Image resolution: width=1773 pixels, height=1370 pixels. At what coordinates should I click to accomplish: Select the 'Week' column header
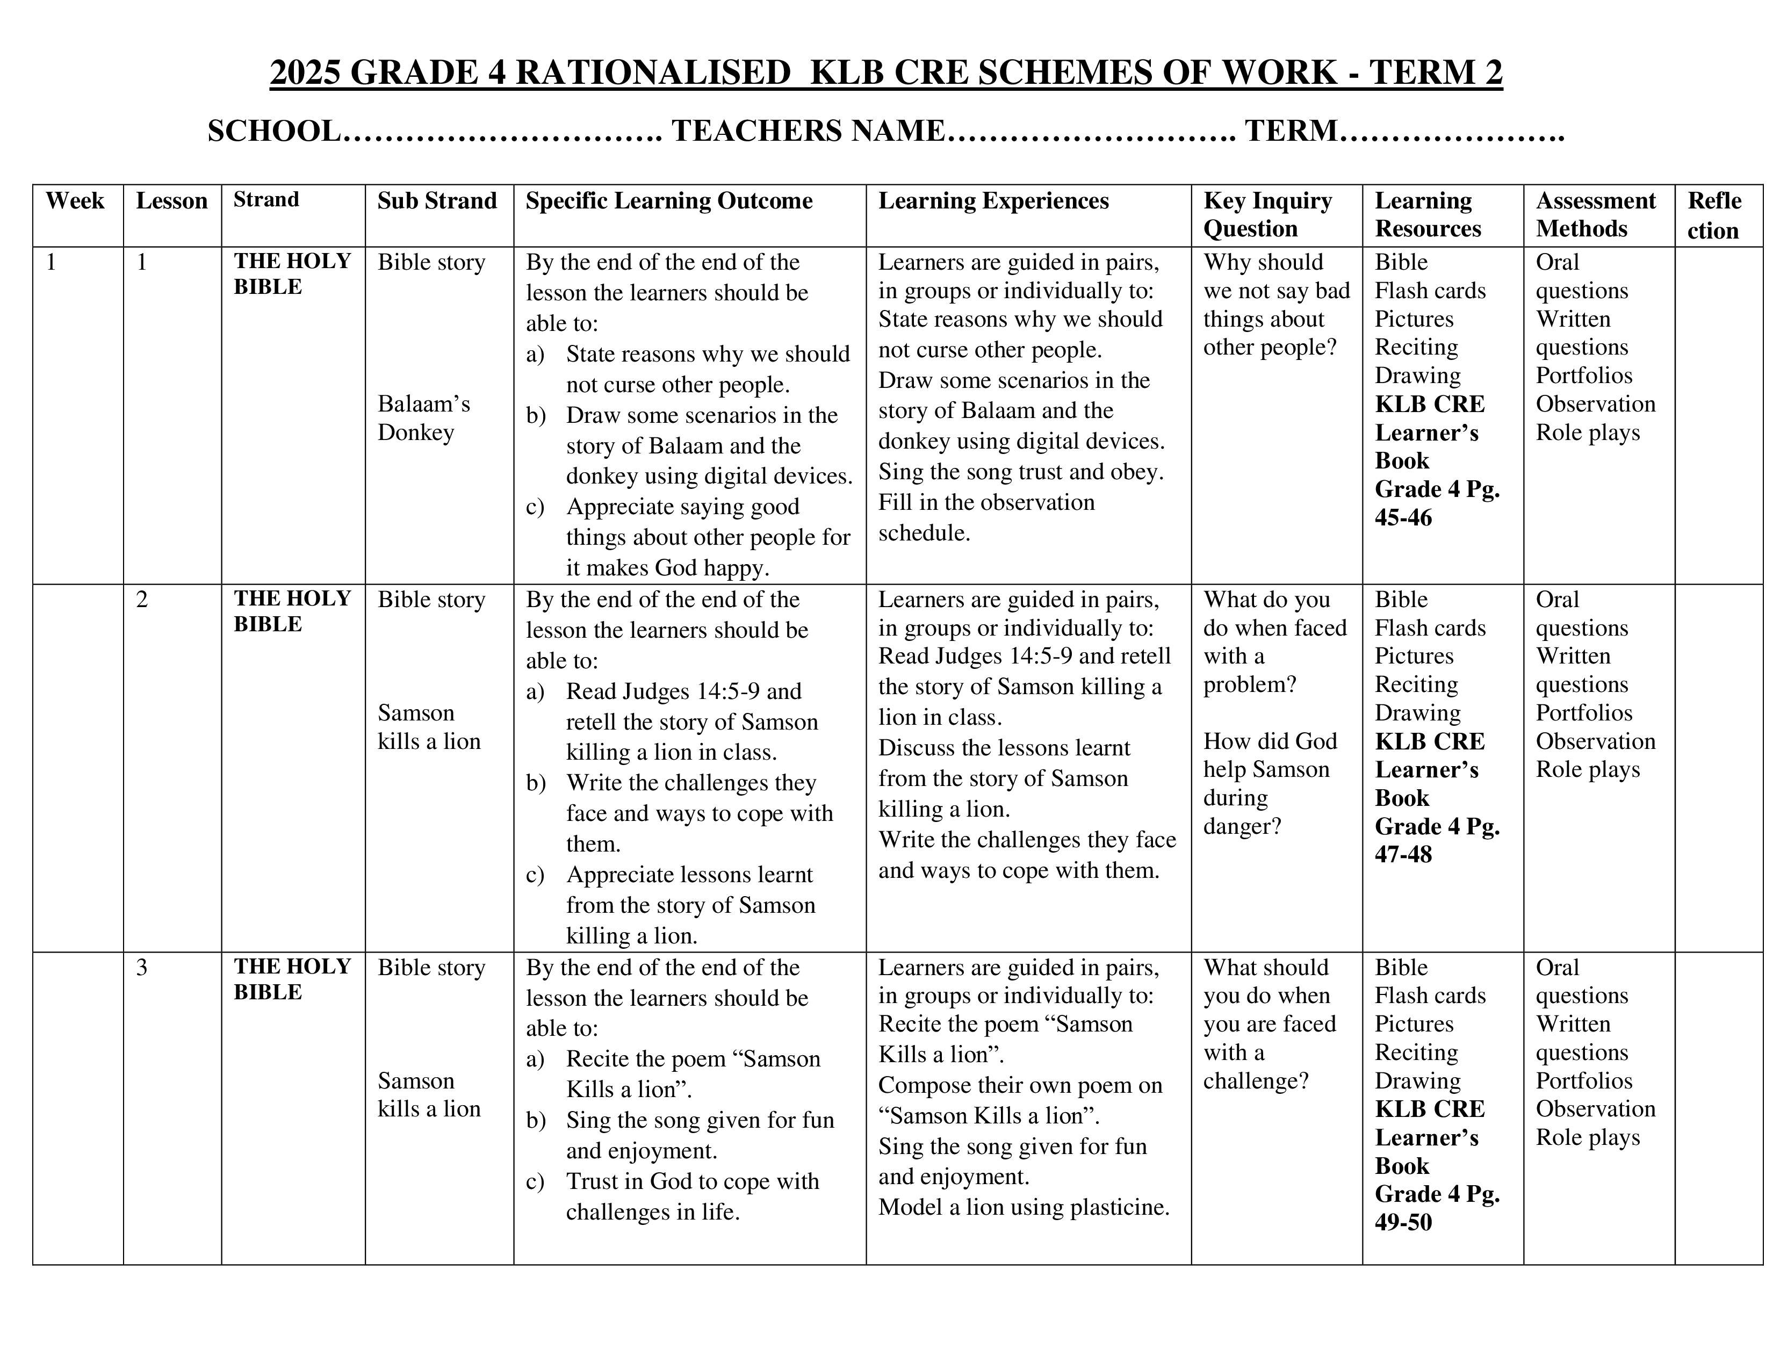click(x=75, y=201)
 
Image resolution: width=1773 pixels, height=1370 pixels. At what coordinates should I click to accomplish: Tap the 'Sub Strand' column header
click(x=437, y=201)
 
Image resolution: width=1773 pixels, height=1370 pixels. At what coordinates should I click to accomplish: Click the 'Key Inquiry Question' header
click(x=1267, y=215)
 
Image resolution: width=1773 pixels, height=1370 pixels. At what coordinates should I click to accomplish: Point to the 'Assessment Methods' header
click(x=1595, y=215)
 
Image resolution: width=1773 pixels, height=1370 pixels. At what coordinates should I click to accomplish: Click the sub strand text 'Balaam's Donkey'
click(x=424, y=418)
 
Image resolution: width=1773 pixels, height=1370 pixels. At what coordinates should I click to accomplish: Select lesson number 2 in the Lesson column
click(x=142, y=600)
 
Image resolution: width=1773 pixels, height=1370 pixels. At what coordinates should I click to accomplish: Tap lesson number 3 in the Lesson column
click(x=142, y=968)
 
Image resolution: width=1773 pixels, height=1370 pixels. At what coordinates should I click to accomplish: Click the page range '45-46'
click(x=1403, y=518)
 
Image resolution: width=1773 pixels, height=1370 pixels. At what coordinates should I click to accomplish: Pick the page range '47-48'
click(x=1403, y=855)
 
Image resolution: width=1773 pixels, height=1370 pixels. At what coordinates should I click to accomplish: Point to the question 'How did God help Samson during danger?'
click(x=1269, y=783)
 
